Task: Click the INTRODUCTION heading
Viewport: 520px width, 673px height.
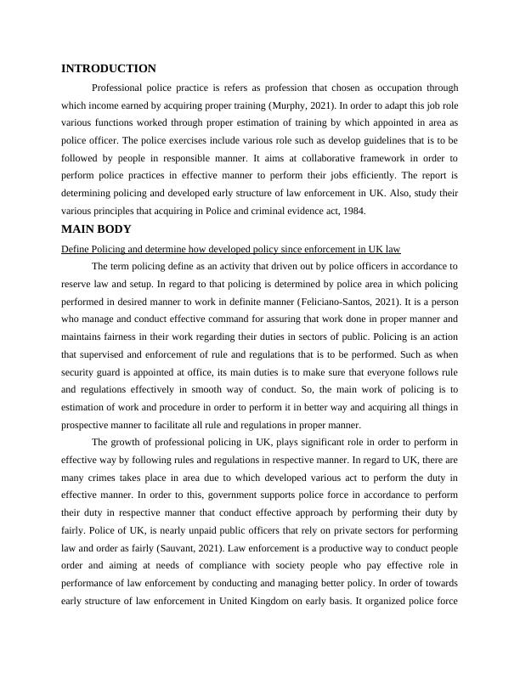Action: [109, 69]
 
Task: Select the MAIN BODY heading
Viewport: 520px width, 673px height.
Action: [97, 229]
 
